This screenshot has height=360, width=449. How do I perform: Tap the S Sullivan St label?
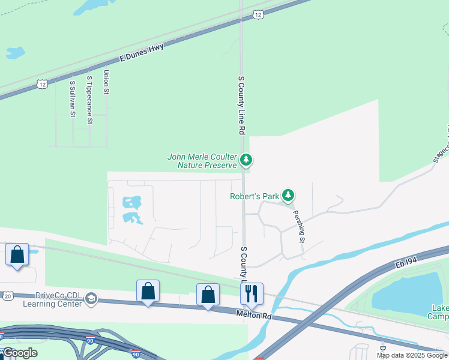(x=72, y=98)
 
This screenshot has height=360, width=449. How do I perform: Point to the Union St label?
(x=106, y=82)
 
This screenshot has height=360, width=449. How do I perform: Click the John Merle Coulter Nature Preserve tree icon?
(x=246, y=160)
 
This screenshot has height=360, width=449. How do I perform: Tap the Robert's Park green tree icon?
(x=289, y=196)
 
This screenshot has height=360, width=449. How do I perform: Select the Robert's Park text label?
(x=255, y=196)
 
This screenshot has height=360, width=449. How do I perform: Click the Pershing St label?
(x=298, y=226)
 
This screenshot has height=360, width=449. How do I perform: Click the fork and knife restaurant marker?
(x=252, y=293)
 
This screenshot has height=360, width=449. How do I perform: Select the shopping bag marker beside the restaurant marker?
(x=208, y=295)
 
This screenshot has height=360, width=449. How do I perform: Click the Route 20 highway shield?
(x=8, y=295)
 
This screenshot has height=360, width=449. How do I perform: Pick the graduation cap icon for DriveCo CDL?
(x=91, y=299)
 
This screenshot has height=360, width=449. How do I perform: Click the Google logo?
(x=20, y=353)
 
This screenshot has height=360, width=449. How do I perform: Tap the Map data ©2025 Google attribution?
(x=412, y=355)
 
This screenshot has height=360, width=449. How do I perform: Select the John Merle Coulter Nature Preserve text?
(x=202, y=161)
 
